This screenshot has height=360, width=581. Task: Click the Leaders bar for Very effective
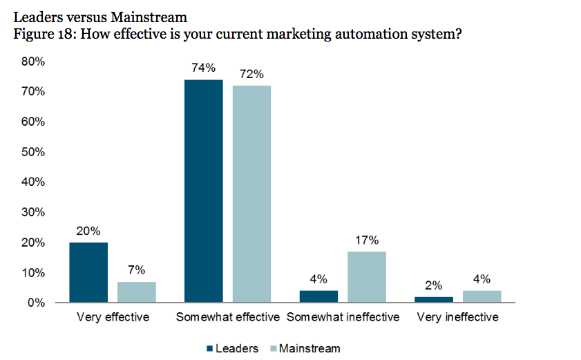pos(88,272)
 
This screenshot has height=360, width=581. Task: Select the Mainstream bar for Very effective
pos(136,292)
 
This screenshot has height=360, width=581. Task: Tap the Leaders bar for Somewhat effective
pos(204,191)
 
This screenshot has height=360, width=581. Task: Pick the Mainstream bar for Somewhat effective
pos(251,194)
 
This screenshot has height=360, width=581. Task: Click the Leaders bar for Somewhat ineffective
pos(318,296)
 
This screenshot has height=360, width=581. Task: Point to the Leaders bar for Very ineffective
pos(434,299)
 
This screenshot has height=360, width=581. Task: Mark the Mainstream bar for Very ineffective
pos(482,296)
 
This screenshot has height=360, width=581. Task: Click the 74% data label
pos(204,68)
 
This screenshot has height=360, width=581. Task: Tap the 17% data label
pos(367,240)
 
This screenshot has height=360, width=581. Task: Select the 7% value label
pos(136,270)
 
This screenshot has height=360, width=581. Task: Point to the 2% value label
pos(434,285)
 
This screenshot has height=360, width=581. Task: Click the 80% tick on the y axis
pos(33,61)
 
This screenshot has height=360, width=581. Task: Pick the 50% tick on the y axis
pos(33,151)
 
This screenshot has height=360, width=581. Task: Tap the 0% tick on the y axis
pos(36,303)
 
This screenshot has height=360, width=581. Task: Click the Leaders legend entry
pos(232,348)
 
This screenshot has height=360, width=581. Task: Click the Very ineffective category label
pos(457,317)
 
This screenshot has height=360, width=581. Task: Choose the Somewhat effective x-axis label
pos(227,317)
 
